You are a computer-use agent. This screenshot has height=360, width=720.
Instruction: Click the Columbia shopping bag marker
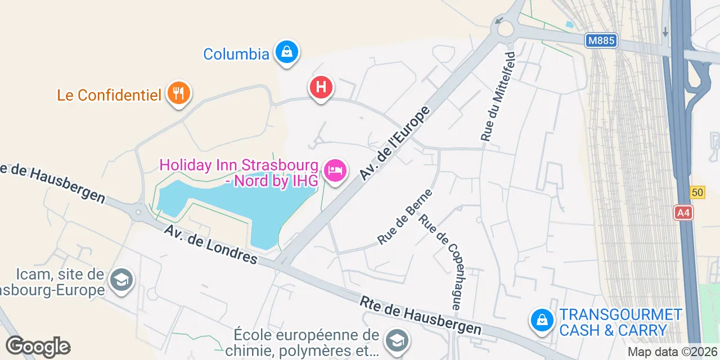tap(287, 53)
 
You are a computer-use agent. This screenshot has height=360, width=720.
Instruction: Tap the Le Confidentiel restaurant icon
tap(179, 93)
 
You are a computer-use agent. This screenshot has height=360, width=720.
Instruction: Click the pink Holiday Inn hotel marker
tap(336, 170)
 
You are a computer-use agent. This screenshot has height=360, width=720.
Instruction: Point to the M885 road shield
tap(601, 40)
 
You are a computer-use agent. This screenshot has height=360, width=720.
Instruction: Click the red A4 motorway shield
tap(683, 213)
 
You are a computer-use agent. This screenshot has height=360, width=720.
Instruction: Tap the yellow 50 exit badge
tap(697, 192)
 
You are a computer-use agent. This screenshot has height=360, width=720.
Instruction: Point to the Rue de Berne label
tap(405, 217)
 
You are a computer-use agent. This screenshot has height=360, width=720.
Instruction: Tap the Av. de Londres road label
tap(211, 245)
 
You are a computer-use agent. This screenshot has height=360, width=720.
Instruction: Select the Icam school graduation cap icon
tap(121, 280)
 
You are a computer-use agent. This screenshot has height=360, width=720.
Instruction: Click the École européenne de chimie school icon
tap(397, 340)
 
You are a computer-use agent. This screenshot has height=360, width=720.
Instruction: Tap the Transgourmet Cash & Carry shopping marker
tap(542, 320)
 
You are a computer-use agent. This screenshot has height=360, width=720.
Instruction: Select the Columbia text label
tap(236, 54)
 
